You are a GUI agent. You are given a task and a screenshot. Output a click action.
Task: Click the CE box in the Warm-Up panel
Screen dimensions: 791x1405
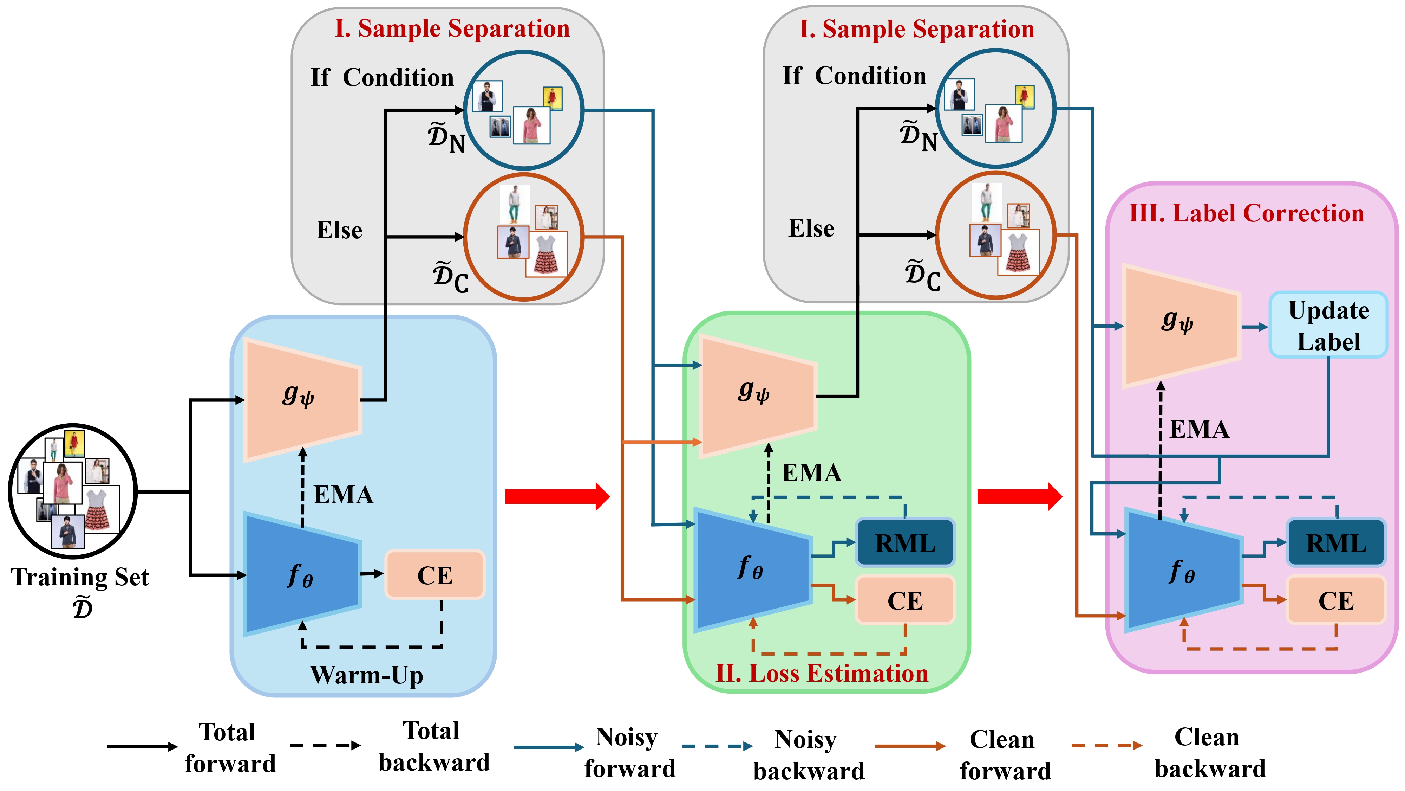[435, 575]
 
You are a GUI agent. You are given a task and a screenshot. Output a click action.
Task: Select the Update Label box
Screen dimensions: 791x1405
[1328, 325]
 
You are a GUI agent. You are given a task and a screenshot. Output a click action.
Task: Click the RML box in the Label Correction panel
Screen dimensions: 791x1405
[1336, 543]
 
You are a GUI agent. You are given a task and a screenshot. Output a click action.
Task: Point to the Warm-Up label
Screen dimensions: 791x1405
[366, 675]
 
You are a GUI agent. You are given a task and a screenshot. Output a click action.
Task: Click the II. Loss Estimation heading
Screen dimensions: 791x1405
[822, 674]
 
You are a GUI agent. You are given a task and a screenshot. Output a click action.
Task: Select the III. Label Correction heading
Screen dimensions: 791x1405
[1246, 213]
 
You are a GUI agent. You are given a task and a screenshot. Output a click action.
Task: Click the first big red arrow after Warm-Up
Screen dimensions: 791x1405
[556, 496]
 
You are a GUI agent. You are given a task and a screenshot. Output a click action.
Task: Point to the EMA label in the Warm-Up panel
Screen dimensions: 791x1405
[344, 495]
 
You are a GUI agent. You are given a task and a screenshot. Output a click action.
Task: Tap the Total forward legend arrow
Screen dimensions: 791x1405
[142, 746]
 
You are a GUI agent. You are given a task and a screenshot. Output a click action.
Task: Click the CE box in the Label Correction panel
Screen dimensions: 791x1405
[1336, 600]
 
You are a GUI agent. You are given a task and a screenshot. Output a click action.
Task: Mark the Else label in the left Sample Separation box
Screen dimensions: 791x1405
[339, 230]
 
